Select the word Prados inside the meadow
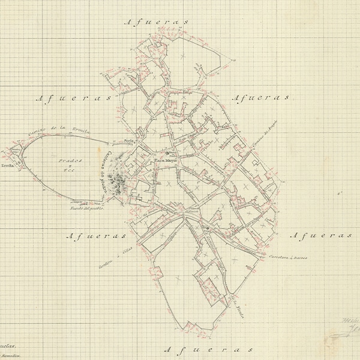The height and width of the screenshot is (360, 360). pos(70,162)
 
